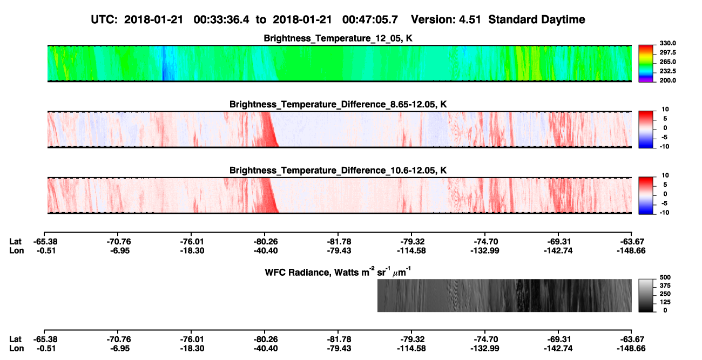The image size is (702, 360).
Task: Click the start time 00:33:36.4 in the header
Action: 221,20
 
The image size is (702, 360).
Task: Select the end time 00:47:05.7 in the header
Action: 370,20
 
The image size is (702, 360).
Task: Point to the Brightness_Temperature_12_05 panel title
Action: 338,38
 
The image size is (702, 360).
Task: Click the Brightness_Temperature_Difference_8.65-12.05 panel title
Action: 338,104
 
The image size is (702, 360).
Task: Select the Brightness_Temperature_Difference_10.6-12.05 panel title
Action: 338,171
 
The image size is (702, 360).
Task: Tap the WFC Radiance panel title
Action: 338,272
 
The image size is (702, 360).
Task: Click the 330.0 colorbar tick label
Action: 667,43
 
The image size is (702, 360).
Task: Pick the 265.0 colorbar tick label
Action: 667,62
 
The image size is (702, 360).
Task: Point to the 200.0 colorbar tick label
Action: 667,80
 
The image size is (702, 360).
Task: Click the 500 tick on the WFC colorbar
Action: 665,277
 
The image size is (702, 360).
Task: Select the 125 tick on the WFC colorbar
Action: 665,302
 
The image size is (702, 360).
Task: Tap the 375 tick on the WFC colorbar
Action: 665,286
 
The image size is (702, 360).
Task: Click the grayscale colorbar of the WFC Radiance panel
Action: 646,295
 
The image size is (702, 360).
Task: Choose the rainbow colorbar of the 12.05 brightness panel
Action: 646,64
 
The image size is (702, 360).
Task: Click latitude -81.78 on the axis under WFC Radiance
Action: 339,339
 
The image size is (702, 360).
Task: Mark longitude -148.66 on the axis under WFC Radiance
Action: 631,349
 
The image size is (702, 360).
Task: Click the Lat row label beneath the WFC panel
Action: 15,339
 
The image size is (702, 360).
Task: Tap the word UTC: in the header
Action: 104,20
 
